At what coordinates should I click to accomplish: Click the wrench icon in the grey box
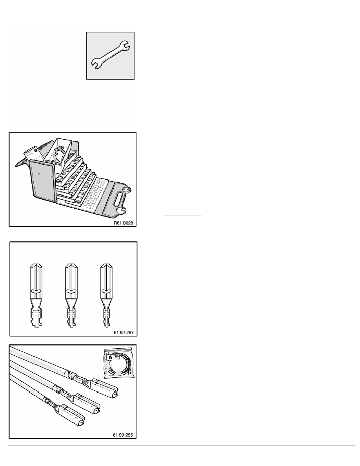[111, 56]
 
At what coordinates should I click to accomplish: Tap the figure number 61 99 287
[123, 332]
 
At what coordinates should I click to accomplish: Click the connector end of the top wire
[105, 385]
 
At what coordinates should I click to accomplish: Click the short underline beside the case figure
[182, 215]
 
